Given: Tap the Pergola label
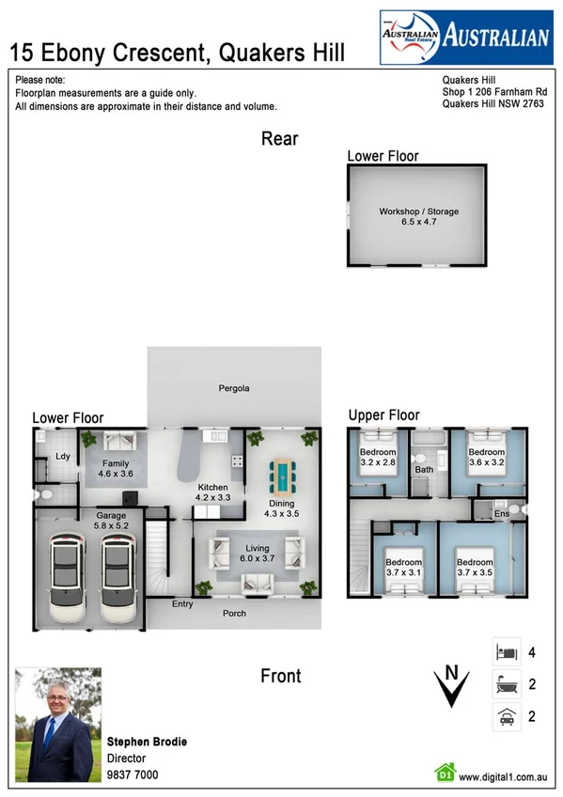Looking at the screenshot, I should tap(233, 387).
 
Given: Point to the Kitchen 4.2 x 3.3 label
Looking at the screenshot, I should tap(212, 492).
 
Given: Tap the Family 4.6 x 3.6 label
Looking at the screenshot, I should tap(117, 469).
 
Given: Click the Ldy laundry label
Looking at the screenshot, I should tap(63, 457).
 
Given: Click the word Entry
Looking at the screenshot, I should tap(182, 603).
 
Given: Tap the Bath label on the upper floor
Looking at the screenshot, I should tap(424, 469).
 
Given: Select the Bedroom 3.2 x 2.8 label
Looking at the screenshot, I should tap(378, 458).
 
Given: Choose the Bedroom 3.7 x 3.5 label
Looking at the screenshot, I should tap(475, 568).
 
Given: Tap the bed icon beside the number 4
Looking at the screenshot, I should tap(505, 651).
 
